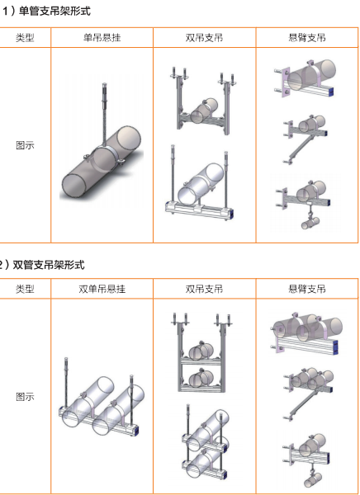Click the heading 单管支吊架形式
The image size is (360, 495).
[54, 11]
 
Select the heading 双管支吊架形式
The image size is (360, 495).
[49, 265]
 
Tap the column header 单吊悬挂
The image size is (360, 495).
[102, 38]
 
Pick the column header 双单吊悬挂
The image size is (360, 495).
[102, 289]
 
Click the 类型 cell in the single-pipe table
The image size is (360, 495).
[25, 38]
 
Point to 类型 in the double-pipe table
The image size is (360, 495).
[25, 289]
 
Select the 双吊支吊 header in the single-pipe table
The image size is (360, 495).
[204, 38]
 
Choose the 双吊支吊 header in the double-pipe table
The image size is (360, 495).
[204, 289]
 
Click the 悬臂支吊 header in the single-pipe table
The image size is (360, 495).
[307, 38]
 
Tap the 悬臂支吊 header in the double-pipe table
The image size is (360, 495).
[307, 289]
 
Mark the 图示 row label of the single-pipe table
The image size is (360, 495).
[25, 145]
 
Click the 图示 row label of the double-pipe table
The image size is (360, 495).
[25, 397]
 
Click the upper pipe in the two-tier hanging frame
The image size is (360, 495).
[201, 350]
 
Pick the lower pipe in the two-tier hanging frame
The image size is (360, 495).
[201, 378]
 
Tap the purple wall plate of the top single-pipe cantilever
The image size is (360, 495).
[287, 82]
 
